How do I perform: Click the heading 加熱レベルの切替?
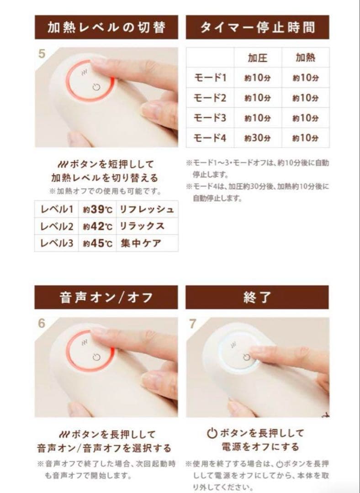106,27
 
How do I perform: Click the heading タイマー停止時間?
257,27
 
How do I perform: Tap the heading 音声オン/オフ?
106,297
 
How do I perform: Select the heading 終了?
257,297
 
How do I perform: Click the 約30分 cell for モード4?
257,137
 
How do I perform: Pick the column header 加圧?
257,58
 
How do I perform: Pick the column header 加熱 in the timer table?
306,58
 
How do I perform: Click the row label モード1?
210,78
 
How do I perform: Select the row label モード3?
210,117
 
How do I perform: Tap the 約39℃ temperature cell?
97,210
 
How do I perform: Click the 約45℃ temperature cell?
97,243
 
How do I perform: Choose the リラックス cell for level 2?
142,226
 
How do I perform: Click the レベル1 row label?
57,210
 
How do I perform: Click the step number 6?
42,324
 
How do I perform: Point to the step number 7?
193,324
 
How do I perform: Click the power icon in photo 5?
95,87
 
